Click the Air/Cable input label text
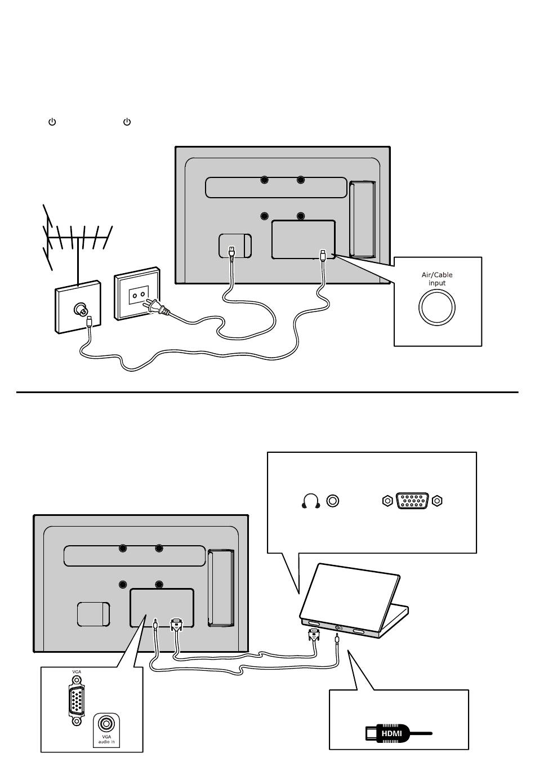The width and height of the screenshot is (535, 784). (437, 279)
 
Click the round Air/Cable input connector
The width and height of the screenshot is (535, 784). (437, 308)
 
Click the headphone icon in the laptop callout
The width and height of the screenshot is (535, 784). (311, 501)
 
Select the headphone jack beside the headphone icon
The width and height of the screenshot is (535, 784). (333, 501)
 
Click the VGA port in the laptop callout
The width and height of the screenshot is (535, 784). (413, 501)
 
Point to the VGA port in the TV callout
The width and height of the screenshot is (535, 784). (77, 701)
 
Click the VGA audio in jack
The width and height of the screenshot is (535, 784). (106, 723)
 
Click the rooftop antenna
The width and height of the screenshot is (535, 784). (76, 242)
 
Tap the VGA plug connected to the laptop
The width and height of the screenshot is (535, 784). (314, 636)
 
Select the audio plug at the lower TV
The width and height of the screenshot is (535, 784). (155, 625)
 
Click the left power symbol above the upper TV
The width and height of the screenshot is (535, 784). (52, 122)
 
